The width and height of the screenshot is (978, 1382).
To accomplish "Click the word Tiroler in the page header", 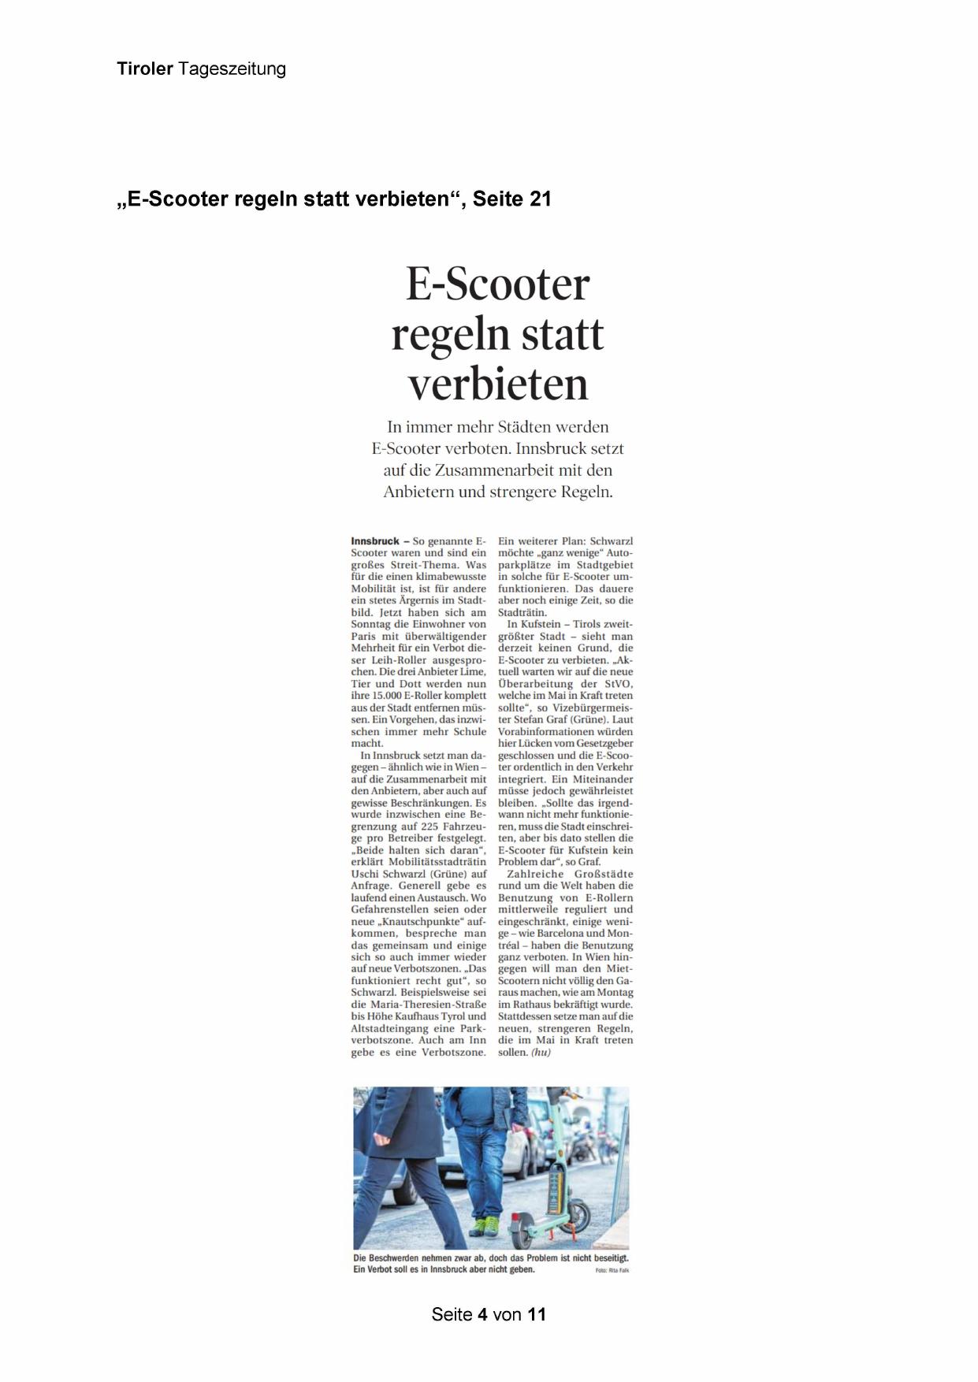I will [145, 69].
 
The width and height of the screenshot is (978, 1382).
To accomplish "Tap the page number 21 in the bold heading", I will [541, 199].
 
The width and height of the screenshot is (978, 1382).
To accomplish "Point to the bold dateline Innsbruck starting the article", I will [375, 541].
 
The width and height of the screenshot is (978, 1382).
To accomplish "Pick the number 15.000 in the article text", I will [384, 696].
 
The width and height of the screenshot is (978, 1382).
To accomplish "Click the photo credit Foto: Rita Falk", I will [612, 1270].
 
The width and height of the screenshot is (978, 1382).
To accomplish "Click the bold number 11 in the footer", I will [537, 1314].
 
